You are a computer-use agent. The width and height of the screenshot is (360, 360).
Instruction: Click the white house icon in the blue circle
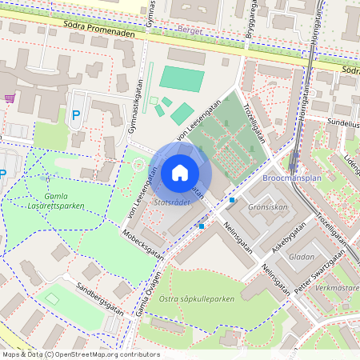tap(179, 173)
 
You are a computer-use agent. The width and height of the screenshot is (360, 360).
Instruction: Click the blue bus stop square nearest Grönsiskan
tap(232, 199)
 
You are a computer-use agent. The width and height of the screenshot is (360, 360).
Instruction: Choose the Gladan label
tap(302, 258)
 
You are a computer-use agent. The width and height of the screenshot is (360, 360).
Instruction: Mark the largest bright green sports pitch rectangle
tap(182, 78)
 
